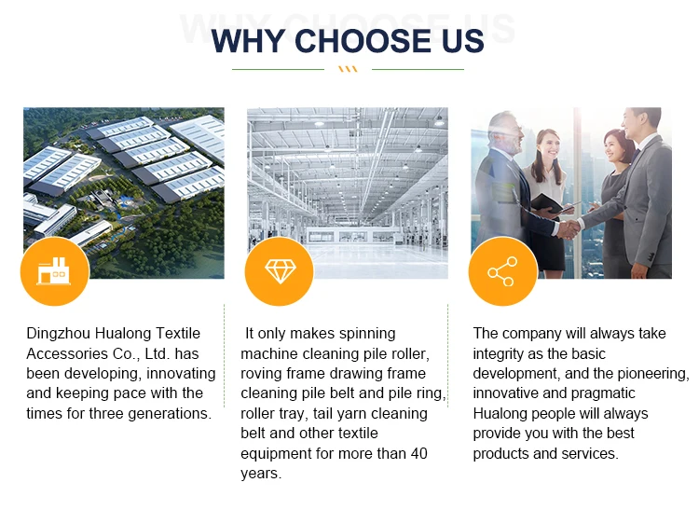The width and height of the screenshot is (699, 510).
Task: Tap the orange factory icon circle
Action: coord(55,271)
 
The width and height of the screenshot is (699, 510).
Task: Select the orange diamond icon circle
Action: coord(280,271)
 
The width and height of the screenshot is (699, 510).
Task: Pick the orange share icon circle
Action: coord(503,271)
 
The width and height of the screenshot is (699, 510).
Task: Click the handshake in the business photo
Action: coord(569,229)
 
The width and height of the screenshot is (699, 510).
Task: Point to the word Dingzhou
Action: coord(59,334)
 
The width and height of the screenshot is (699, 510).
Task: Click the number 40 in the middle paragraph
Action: coord(418,453)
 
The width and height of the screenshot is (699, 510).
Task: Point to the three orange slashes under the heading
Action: coord(348,69)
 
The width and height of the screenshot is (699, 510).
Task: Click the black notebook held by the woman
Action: coord(546,203)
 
